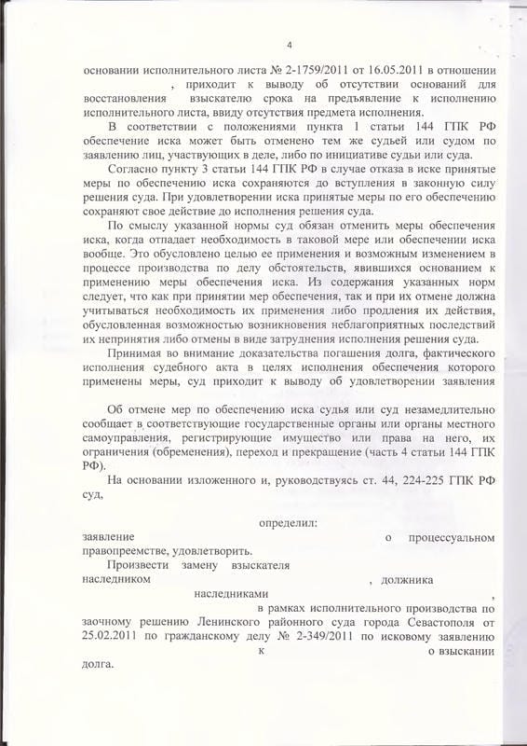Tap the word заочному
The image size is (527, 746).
(116, 623)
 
